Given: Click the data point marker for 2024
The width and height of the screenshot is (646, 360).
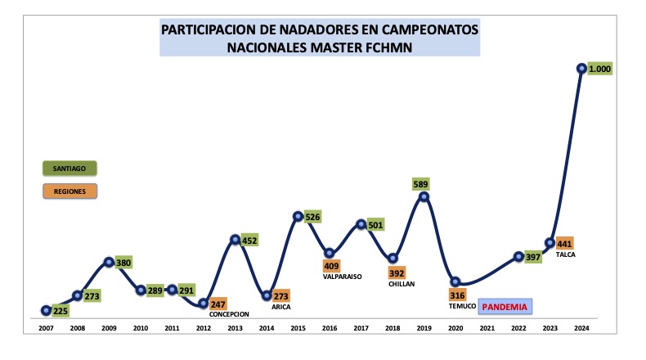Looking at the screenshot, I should click(581, 69).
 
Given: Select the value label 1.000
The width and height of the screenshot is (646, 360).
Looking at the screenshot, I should click(599, 69).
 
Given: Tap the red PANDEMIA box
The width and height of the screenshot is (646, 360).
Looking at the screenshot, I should click(505, 307).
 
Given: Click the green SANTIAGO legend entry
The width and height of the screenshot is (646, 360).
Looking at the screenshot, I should click(70, 169).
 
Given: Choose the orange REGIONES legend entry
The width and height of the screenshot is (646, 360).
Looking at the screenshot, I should click(70, 191).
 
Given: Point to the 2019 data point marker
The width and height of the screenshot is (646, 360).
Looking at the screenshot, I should click(424, 196).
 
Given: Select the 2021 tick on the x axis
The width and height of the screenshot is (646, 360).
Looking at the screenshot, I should click(487, 328).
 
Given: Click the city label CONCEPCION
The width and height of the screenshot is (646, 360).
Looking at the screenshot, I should click(229, 314).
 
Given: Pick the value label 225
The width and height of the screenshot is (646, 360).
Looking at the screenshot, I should click(61, 311).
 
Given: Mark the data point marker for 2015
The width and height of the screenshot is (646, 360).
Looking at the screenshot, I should click(298, 217).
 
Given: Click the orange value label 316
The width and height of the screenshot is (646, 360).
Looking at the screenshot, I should click(456, 295).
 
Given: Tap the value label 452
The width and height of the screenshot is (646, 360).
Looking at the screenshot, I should click(250, 240).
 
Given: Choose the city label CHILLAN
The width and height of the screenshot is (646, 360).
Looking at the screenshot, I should click(396, 283).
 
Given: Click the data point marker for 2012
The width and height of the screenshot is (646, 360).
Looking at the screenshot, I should click(204, 304).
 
